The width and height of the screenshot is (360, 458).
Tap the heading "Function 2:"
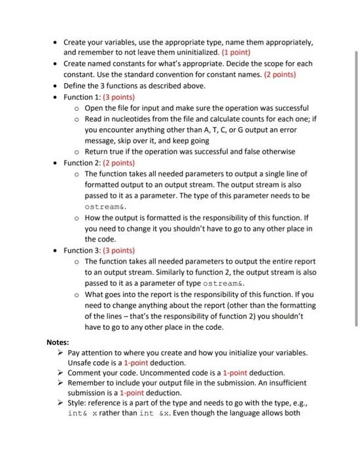click(x=84, y=162)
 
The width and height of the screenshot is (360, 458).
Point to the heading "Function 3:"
click(x=84, y=250)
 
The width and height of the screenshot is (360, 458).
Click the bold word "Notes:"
click(x=59, y=342)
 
